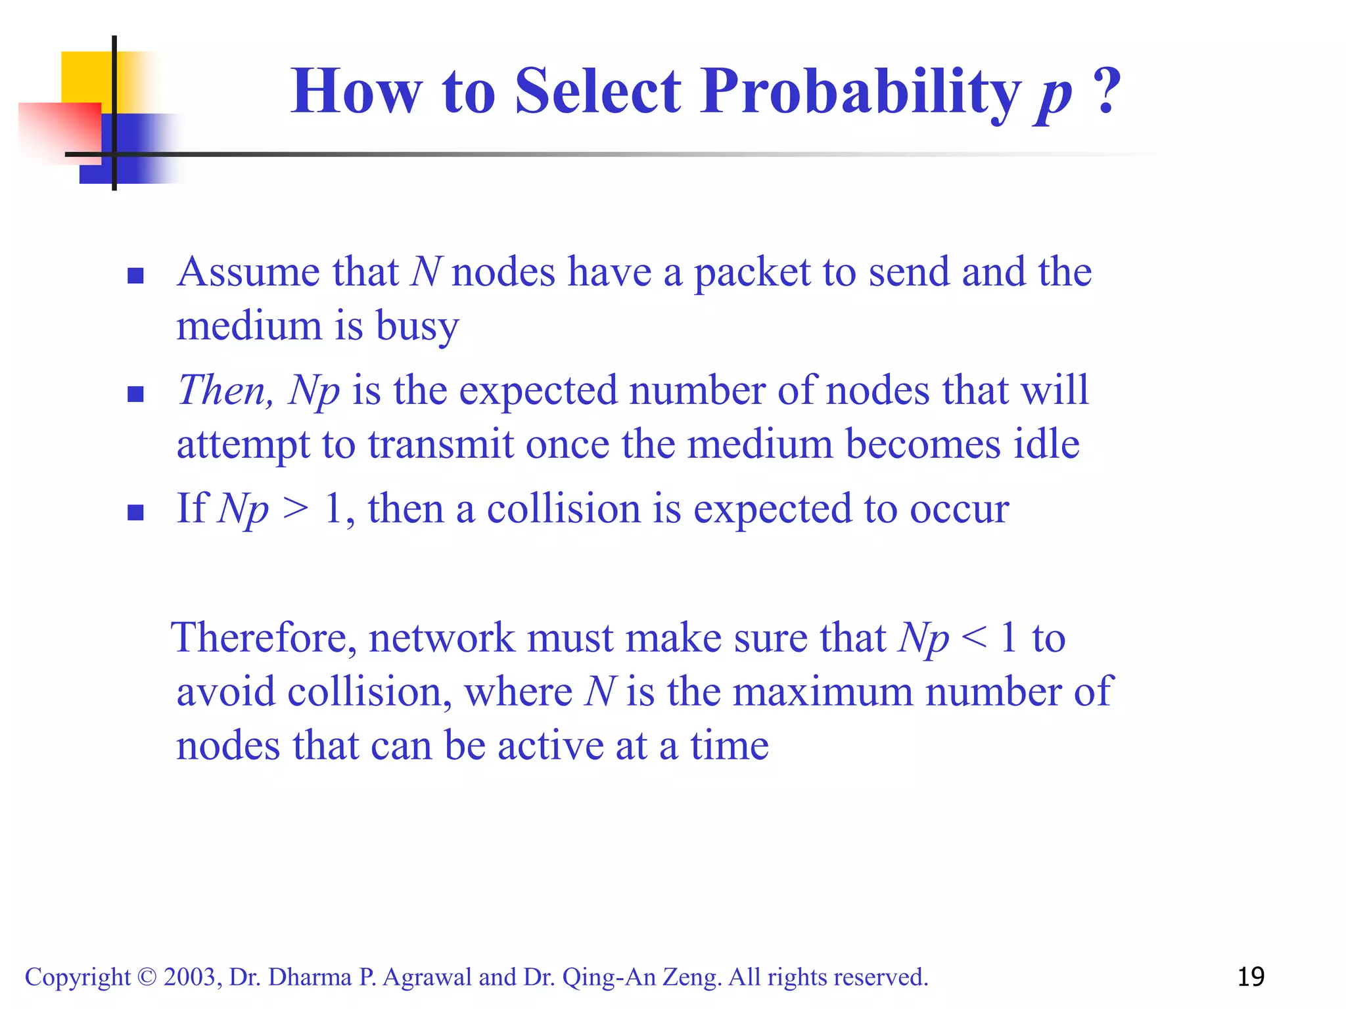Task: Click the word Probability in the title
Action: click(x=860, y=92)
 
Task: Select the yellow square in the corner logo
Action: click(x=85, y=76)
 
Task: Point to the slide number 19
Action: click(x=1251, y=977)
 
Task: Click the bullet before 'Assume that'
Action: click(x=135, y=275)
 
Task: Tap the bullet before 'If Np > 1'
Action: click(x=135, y=512)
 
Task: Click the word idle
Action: click(x=1046, y=445)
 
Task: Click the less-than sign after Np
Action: click(x=973, y=638)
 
